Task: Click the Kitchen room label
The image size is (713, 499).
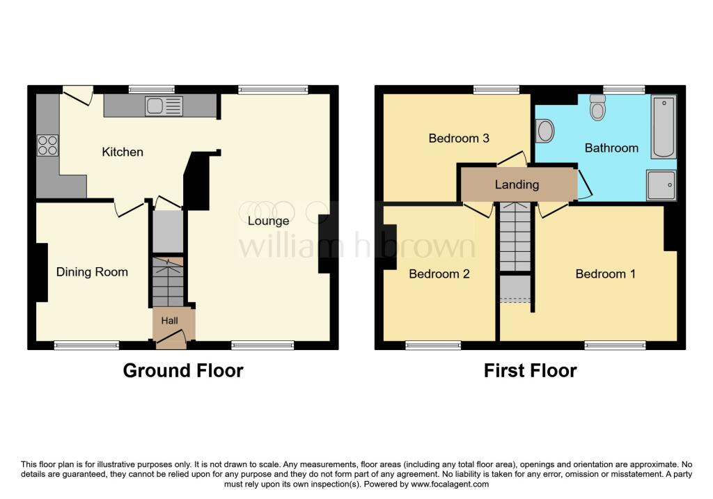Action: (x=123, y=152)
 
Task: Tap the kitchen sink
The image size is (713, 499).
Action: (x=164, y=106)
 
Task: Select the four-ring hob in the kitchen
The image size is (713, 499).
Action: (x=47, y=145)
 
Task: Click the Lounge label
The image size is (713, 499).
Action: (x=268, y=221)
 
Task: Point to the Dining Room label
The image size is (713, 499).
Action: (x=92, y=272)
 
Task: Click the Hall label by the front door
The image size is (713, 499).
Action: (x=170, y=321)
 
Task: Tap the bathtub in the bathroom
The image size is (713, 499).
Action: (x=663, y=127)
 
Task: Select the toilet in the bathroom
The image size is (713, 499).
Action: (x=597, y=108)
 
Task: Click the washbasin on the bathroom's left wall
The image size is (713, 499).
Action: (x=545, y=130)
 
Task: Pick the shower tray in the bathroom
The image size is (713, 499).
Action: (x=661, y=184)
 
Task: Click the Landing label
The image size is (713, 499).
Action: (x=517, y=184)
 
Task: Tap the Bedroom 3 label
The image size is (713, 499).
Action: (x=458, y=138)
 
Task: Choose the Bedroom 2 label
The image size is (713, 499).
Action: (x=439, y=274)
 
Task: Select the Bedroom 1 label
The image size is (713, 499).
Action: (x=605, y=274)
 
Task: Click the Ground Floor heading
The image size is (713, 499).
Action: (x=183, y=370)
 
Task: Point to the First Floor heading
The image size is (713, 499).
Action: (x=530, y=370)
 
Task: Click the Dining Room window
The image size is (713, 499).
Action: (x=86, y=344)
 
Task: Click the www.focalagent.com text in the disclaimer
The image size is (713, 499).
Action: (x=450, y=484)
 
